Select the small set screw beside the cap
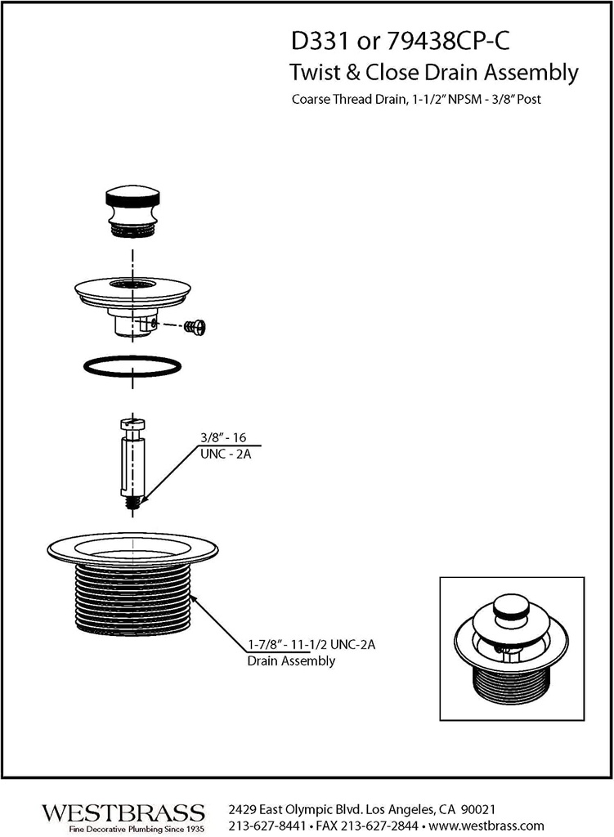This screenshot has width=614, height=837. tap(196, 327)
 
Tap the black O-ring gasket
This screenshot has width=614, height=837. tap(132, 365)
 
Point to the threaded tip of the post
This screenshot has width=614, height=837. tap(132, 502)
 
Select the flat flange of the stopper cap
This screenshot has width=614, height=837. tap(132, 289)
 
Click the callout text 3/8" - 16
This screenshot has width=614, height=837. tap(224, 438)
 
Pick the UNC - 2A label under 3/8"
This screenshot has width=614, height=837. tap(226, 455)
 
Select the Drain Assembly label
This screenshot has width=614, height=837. tap(291, 661)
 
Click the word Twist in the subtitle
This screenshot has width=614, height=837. tap(314, 73)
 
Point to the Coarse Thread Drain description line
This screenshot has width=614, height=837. tap(417, 101)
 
